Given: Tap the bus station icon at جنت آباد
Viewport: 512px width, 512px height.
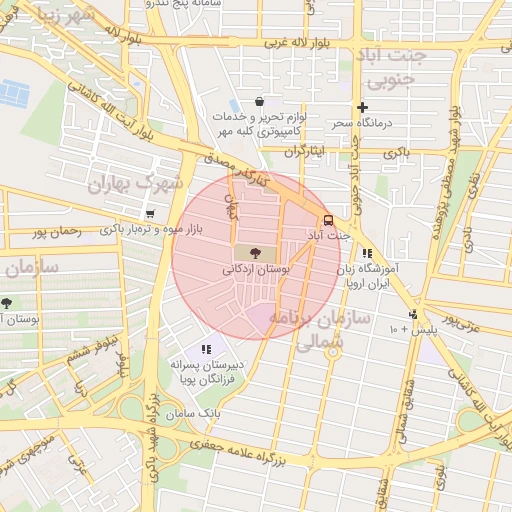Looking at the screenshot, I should pyautogui.click(x=327, y=221).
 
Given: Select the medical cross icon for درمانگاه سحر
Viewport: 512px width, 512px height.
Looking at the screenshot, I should pyautogui.click(x=362, y=107).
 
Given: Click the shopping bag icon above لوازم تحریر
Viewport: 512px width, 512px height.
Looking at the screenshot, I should pyautogui.click(x=260, y=101).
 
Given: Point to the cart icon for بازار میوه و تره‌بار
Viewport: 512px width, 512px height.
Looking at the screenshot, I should pyautogui.click(x=149, y=214).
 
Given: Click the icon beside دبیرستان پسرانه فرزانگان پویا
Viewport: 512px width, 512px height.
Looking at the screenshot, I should pyautogui.click(x=206, y=349).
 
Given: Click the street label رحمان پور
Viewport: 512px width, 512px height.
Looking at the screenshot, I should pyautogui.click(x=55, y=233).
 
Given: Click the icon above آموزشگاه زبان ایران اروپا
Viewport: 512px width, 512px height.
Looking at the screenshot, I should pyautogui.click(x=368, y=254).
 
